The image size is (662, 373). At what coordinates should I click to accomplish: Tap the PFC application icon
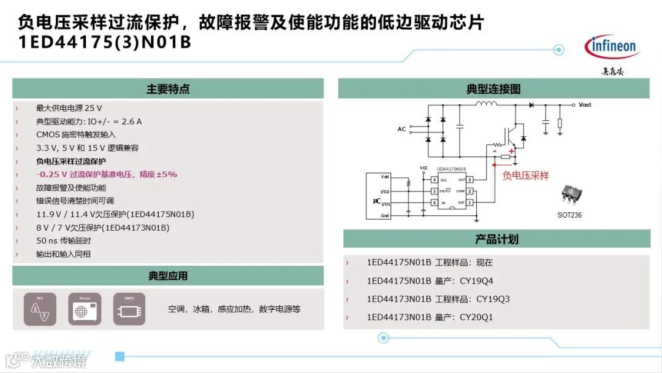coord(40,309)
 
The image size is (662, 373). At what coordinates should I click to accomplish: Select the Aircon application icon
coord(85,309)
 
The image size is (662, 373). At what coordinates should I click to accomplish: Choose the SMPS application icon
coord(129,309)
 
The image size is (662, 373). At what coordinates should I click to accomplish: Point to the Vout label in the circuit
coord(585,105)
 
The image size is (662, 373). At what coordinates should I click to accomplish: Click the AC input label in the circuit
coord(401,129)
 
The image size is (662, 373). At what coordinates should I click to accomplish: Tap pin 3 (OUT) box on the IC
coord(470,180)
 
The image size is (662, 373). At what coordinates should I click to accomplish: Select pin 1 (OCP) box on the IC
coord(470,202)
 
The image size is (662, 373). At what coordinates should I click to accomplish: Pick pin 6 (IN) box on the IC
coord(434,202)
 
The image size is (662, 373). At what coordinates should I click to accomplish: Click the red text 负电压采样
coord(525,175)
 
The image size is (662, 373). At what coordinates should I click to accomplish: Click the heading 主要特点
coord(168,89)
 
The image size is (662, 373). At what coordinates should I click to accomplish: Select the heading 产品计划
coord(496,239)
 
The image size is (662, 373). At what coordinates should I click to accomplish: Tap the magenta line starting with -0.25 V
coord(106,174)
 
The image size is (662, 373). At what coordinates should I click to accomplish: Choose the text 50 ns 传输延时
coord(64,240)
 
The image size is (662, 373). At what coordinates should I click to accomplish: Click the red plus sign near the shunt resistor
coord(511,151)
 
